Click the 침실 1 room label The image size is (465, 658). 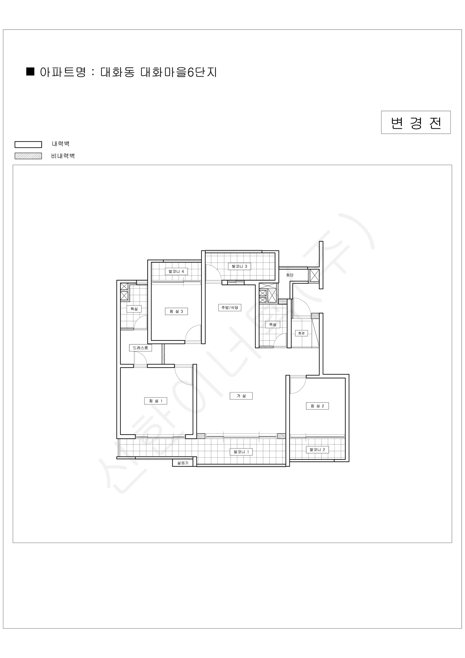click(x=156, y=401)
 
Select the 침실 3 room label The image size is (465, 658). click(x=176, y=311)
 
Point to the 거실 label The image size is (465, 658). click(x=241, y=396)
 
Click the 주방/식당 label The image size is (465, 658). click(x=230, y=308)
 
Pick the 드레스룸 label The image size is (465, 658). click(x=140, y=348)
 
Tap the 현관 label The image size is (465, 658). click(x=301, y=333)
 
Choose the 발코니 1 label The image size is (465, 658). click(x=241, y=452)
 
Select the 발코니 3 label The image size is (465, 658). click(x=239, y=266)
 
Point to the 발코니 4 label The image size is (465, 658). click(x=176, y=271)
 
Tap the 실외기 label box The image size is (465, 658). click(x=183, y=463)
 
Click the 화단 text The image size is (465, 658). click(x=290, y=275)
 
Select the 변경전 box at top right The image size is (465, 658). click(x=416, y=122)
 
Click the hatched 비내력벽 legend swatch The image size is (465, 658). click(x=28, y=156)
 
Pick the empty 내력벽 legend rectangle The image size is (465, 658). click(x=28, y=144)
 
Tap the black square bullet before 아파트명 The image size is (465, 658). click(x=30, y=72)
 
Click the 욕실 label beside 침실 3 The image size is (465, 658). click(x=134, y=309)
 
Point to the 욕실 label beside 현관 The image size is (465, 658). click(x=272, y=324)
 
